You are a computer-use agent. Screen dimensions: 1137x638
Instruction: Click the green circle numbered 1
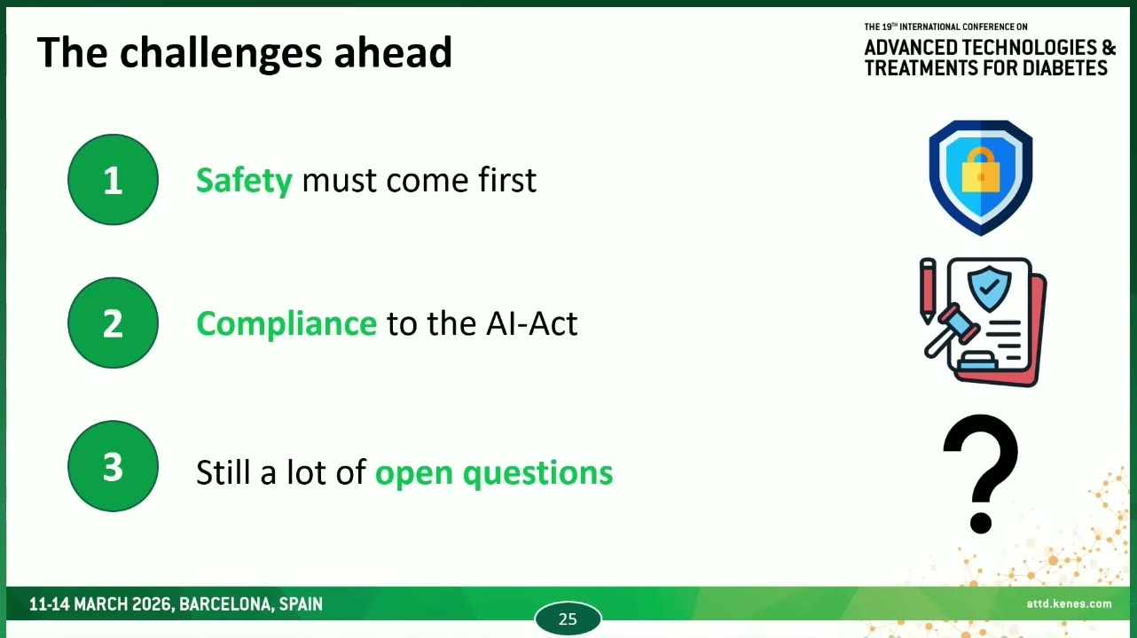(113, 180)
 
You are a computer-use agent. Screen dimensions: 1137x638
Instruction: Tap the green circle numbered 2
(113, 323)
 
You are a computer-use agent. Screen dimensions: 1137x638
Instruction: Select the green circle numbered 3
(113, 466)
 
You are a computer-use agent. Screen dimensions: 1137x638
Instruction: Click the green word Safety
(244, 181)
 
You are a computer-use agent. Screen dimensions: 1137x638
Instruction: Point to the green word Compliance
(286, 323)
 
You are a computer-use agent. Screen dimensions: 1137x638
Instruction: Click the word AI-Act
(531, 323)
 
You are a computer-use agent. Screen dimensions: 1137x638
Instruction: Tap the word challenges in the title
(221, 54)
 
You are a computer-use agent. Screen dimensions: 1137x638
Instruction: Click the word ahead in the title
(393, 52)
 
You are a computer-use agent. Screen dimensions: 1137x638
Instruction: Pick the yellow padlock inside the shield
(981, 170)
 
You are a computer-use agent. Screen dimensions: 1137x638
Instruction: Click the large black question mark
(981, 474)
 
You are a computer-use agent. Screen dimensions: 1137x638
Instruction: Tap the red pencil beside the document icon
(928, 291)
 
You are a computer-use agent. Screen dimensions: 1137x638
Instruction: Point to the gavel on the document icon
(950, 331)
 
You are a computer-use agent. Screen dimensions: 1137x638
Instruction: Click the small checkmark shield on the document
(989, 288)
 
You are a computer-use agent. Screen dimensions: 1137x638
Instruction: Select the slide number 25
(568, 619)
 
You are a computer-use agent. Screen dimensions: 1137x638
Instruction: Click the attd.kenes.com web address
(1069, 603)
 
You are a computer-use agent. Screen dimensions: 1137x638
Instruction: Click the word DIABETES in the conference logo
(1065, 68)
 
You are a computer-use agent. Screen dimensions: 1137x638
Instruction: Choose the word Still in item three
(223, 472)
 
